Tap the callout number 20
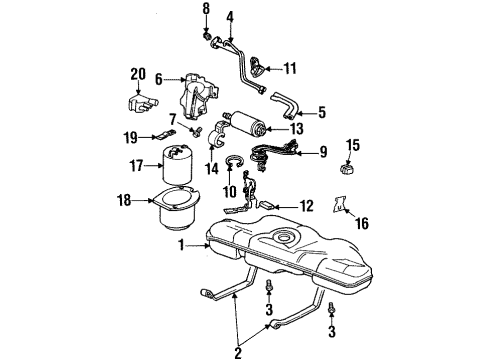point(138,73)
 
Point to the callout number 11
point(291,69)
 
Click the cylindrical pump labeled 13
point(247,124)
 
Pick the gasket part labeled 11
point(258,66)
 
